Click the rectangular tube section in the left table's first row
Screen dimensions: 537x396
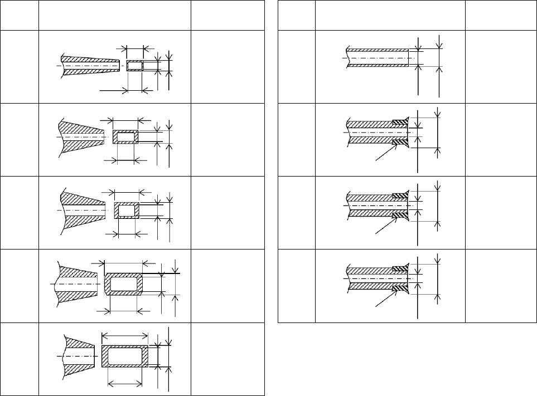coord(135,66)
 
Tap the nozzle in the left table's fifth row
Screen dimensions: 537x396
coord(79,355)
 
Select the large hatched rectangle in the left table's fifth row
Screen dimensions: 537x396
coord(125,355)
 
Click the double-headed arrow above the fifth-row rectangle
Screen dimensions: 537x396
coord(125,335)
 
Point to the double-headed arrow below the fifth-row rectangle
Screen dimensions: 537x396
coord(125,383)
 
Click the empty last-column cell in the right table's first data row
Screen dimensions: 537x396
coord(501,66)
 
